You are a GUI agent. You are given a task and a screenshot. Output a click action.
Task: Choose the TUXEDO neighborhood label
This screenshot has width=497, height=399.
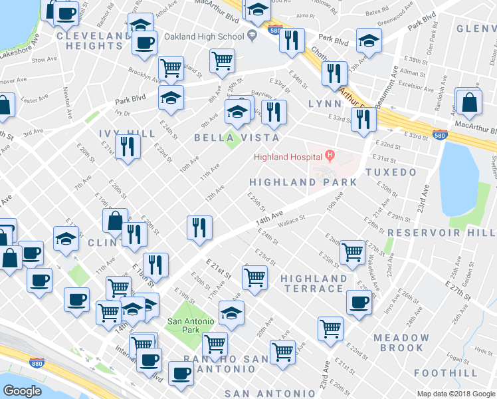(400, 172)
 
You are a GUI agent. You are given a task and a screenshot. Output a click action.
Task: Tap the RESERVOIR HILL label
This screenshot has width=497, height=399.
(441, 233)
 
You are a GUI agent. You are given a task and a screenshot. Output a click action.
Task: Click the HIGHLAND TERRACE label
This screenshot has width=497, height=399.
(314, 283)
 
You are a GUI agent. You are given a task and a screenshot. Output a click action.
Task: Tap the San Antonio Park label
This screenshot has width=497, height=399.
(191, 326)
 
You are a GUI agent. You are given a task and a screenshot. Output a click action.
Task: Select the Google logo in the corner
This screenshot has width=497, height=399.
(22, 390)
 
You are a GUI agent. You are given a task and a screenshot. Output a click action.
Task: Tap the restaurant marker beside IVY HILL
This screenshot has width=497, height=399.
(128, 147)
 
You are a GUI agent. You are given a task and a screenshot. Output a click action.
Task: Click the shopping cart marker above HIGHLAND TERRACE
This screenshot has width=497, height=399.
(254, 277)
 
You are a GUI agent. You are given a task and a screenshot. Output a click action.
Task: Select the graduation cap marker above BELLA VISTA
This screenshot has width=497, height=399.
(237, 112)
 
